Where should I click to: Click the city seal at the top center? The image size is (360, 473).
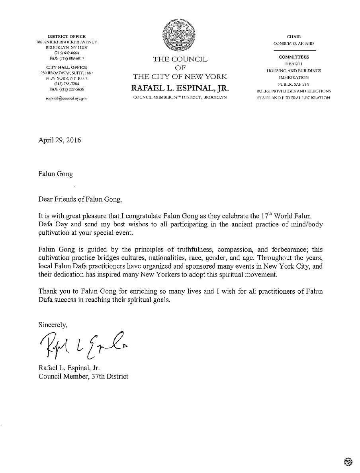[x=180, y=36]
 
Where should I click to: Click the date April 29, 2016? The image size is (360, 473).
[x=56, y=140]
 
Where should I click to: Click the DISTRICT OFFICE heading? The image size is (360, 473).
[x=67, y=37]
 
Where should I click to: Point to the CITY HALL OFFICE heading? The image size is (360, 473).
[x=67, y=67]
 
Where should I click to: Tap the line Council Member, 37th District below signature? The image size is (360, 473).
[x=83, y=376]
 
